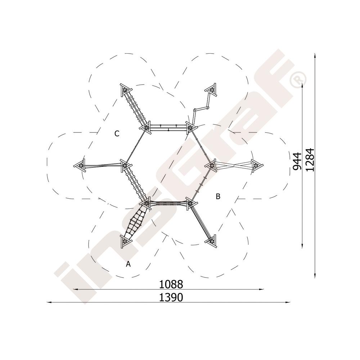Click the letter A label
[x=128, y=264]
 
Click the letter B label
[x=218, y=196]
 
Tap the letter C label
[x=117, y=134]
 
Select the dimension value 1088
[x=171, y=284]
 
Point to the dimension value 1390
[x=171, y=297]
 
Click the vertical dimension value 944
[x=297, y=161]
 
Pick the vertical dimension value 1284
[x=310, y=160]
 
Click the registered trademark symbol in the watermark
[x=298, y=80]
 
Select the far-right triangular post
[x=257, y=165]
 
